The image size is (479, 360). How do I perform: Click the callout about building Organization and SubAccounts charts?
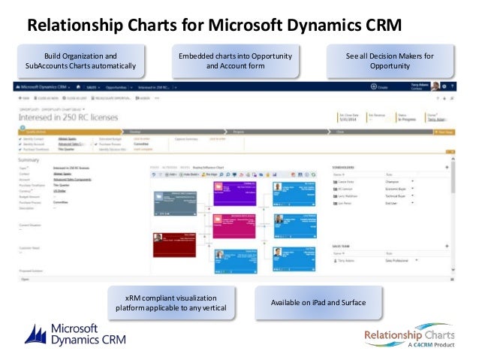pos(80,61)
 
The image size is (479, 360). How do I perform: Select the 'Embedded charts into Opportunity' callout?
pos(234,61)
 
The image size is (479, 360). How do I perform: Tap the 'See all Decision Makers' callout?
pos(390,61)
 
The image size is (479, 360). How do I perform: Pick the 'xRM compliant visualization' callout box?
pos(171,302)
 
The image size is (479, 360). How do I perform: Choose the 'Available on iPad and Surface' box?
pos(318,302)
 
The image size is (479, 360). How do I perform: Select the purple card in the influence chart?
pos(236,192)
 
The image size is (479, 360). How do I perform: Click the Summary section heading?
pos(29,160)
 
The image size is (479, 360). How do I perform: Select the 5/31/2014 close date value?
pos(350,119)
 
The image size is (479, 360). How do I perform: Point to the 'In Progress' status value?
pos(407,119)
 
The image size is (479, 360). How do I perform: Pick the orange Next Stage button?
pos(445,132)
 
